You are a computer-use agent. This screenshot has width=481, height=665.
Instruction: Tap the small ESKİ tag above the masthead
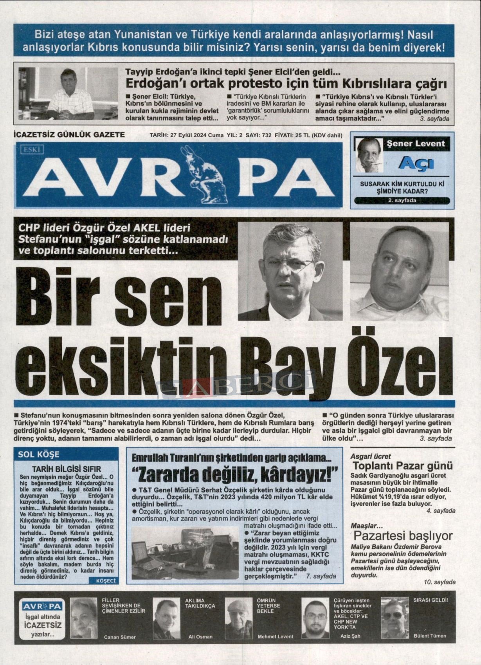pos(33,149)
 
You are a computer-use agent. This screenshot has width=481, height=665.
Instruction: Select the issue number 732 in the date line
pos(267,135)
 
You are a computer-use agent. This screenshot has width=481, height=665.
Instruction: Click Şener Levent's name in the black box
pos(416,144)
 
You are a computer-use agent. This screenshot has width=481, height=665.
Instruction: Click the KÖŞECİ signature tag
pos(105,581)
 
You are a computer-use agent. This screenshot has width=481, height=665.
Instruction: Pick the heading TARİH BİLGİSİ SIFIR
pos(66,469)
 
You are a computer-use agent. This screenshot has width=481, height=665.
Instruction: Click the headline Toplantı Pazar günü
pos(403,466)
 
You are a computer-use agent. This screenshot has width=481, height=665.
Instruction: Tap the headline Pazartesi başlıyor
pos(403,536)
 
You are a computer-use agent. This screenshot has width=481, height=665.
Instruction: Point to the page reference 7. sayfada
pos(321,576)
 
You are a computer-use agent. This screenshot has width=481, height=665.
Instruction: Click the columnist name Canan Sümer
pos(120,637)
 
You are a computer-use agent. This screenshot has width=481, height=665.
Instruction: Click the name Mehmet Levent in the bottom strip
pos(276,636)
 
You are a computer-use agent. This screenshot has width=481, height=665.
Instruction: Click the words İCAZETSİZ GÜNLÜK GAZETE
pos(69,135)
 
